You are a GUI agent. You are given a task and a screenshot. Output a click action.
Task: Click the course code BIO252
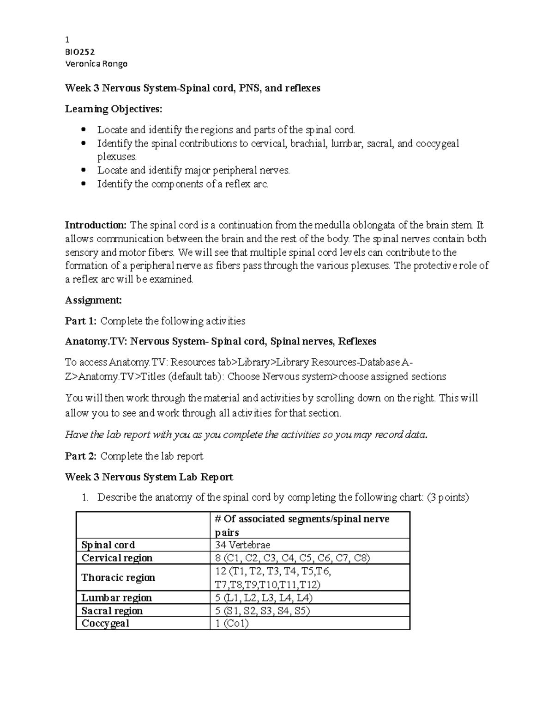tap(80, 52)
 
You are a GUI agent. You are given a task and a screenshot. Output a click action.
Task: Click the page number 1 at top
tap(67, 40)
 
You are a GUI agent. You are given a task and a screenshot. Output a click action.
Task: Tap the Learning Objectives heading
tap(114, 109)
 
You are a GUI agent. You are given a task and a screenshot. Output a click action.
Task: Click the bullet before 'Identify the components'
tap(84, 184)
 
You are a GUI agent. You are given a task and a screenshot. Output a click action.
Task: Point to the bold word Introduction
tap(96, 225)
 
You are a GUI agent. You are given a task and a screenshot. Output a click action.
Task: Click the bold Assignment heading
tap(93, 300)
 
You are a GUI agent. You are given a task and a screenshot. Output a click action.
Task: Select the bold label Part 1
tap(81, 321)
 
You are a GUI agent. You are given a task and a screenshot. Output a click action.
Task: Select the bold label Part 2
tap(81, 456)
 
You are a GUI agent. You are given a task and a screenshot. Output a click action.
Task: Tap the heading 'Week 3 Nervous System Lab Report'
tap(149, 477)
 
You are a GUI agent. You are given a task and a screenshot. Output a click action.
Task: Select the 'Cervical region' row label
tap(117, 558)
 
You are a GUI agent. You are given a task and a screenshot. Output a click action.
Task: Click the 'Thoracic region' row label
tap(118, 577)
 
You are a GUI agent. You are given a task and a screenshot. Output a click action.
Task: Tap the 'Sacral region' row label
tap(112, 611)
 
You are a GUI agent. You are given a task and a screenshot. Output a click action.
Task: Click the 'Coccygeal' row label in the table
tap(105, 623)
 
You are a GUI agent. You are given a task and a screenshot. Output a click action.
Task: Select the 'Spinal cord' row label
tap(108, 545)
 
